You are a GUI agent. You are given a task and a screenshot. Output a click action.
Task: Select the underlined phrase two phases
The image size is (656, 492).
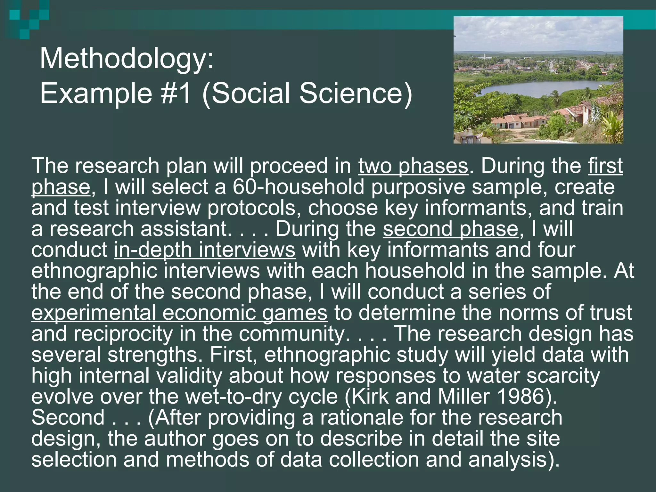tap(413, 166)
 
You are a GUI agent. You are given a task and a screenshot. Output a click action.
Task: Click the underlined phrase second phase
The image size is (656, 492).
tap(450, 229)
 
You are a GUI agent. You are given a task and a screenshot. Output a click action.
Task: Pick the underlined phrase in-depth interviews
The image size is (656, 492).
tap(205, 250)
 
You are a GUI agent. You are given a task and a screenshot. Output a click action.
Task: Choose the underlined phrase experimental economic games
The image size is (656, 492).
tap(179, 313)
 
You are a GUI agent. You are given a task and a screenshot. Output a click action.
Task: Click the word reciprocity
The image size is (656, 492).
tap(123, 334)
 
